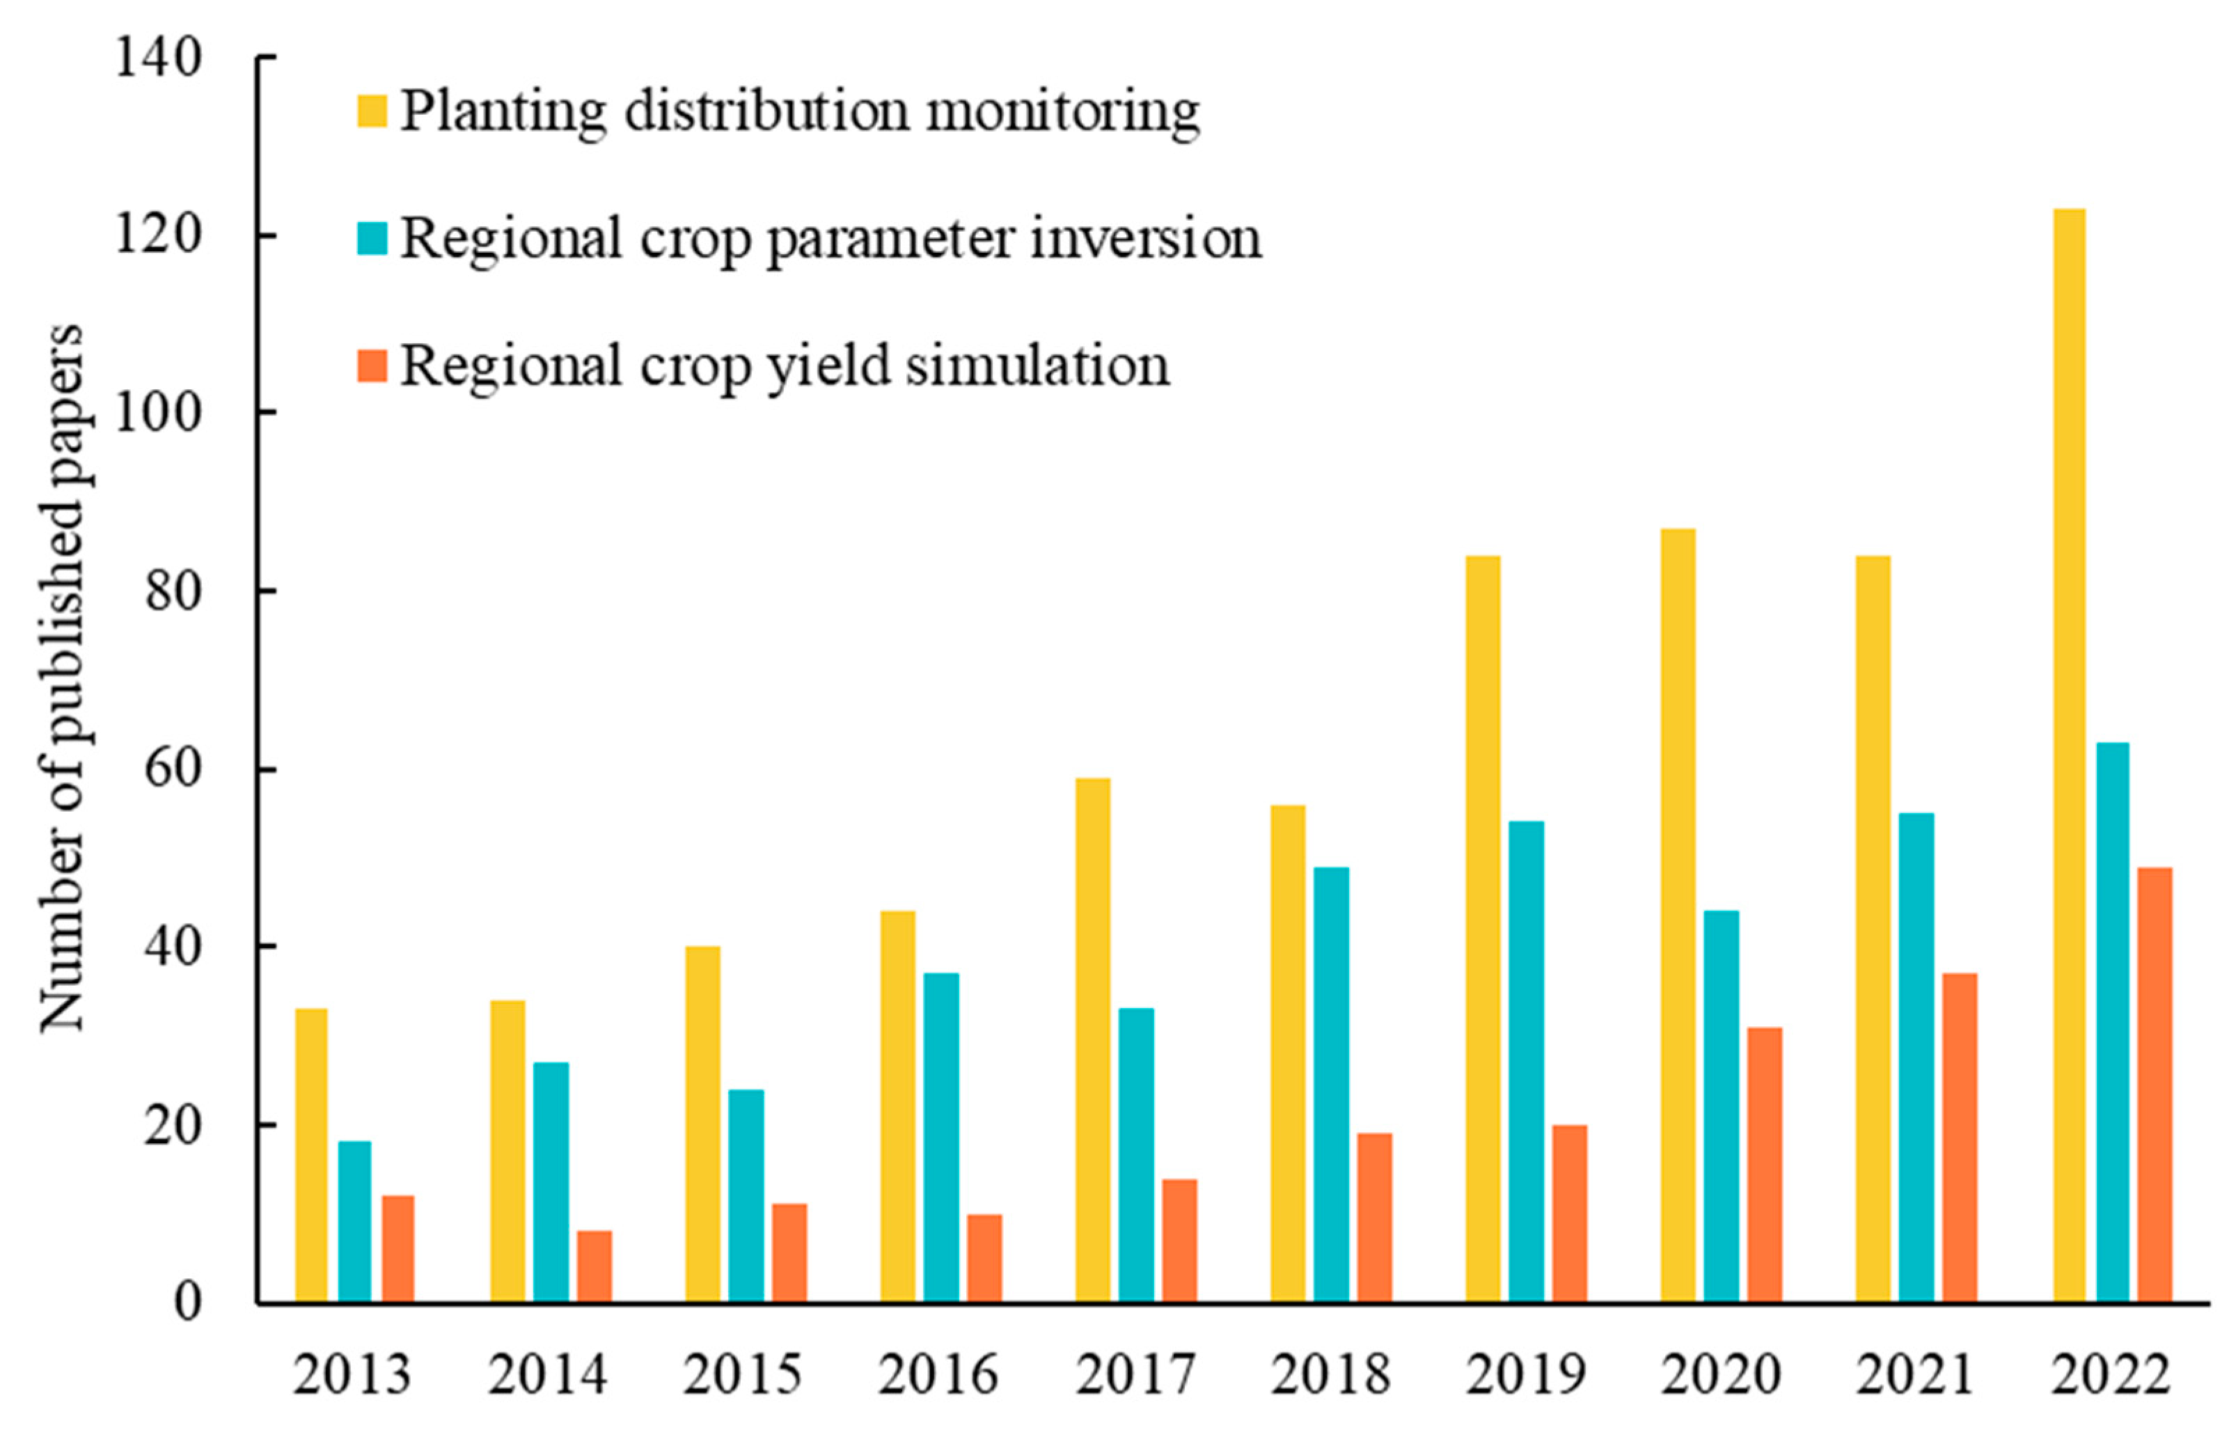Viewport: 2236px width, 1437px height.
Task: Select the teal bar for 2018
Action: (1331, 1085)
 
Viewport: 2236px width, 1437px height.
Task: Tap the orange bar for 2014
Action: (595, 1266)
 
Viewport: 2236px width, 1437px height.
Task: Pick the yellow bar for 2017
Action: (1092, 1040)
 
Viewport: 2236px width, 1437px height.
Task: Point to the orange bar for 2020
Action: (1764, 1165)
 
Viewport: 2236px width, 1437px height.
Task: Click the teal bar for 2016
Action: (941, 1138)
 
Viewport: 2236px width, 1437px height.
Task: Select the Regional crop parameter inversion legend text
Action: (830, 238)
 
